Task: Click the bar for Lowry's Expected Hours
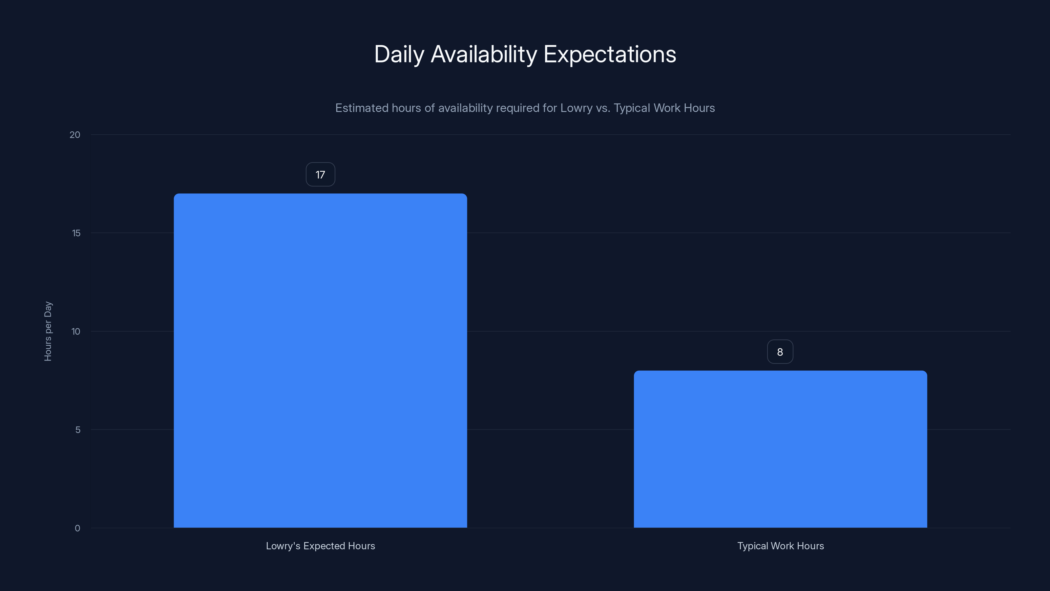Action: coord(320,361)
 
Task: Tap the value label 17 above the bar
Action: coord(320,175)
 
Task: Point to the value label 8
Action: coord(780,352)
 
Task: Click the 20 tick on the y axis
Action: coord(75,135)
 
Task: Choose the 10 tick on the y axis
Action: coord(76,331)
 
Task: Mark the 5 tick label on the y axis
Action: coord(78,429)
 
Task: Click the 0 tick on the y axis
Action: coord(77,528)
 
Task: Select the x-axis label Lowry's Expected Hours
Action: coord(320,546)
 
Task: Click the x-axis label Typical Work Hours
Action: coord(780,546)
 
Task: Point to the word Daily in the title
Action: coord(399,54)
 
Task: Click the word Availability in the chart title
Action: coord(484,54)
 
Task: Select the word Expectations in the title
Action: coord(610,54)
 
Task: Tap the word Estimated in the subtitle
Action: coord(362,108)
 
